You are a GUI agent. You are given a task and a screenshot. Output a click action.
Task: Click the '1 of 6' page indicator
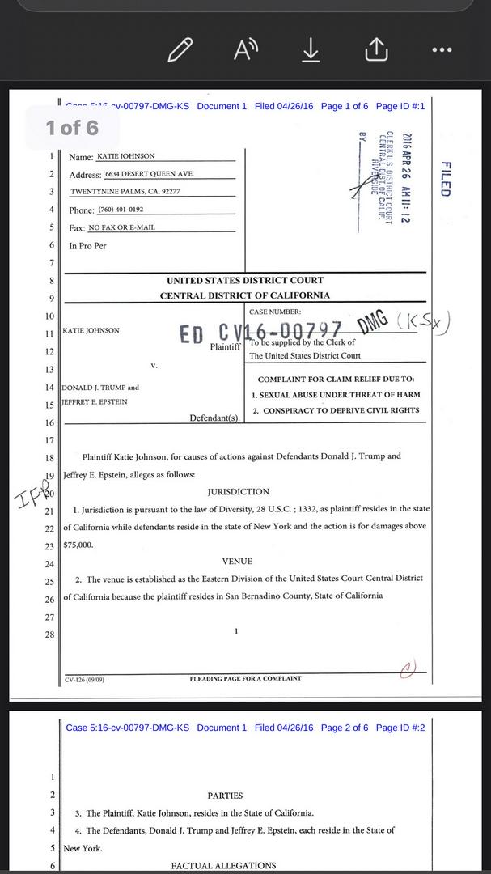[x=72, y=127]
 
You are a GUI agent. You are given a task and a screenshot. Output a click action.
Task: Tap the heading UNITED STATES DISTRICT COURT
[x=244, y=281]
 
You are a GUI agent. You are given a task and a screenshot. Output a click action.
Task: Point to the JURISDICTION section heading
[x=239, y=491]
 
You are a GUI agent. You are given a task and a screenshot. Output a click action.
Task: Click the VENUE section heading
[x=237, y=561]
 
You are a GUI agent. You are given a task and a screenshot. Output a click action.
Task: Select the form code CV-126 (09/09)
[x=85, y=680]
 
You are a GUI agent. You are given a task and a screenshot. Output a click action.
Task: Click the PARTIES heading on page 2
[x=225, y=796]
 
